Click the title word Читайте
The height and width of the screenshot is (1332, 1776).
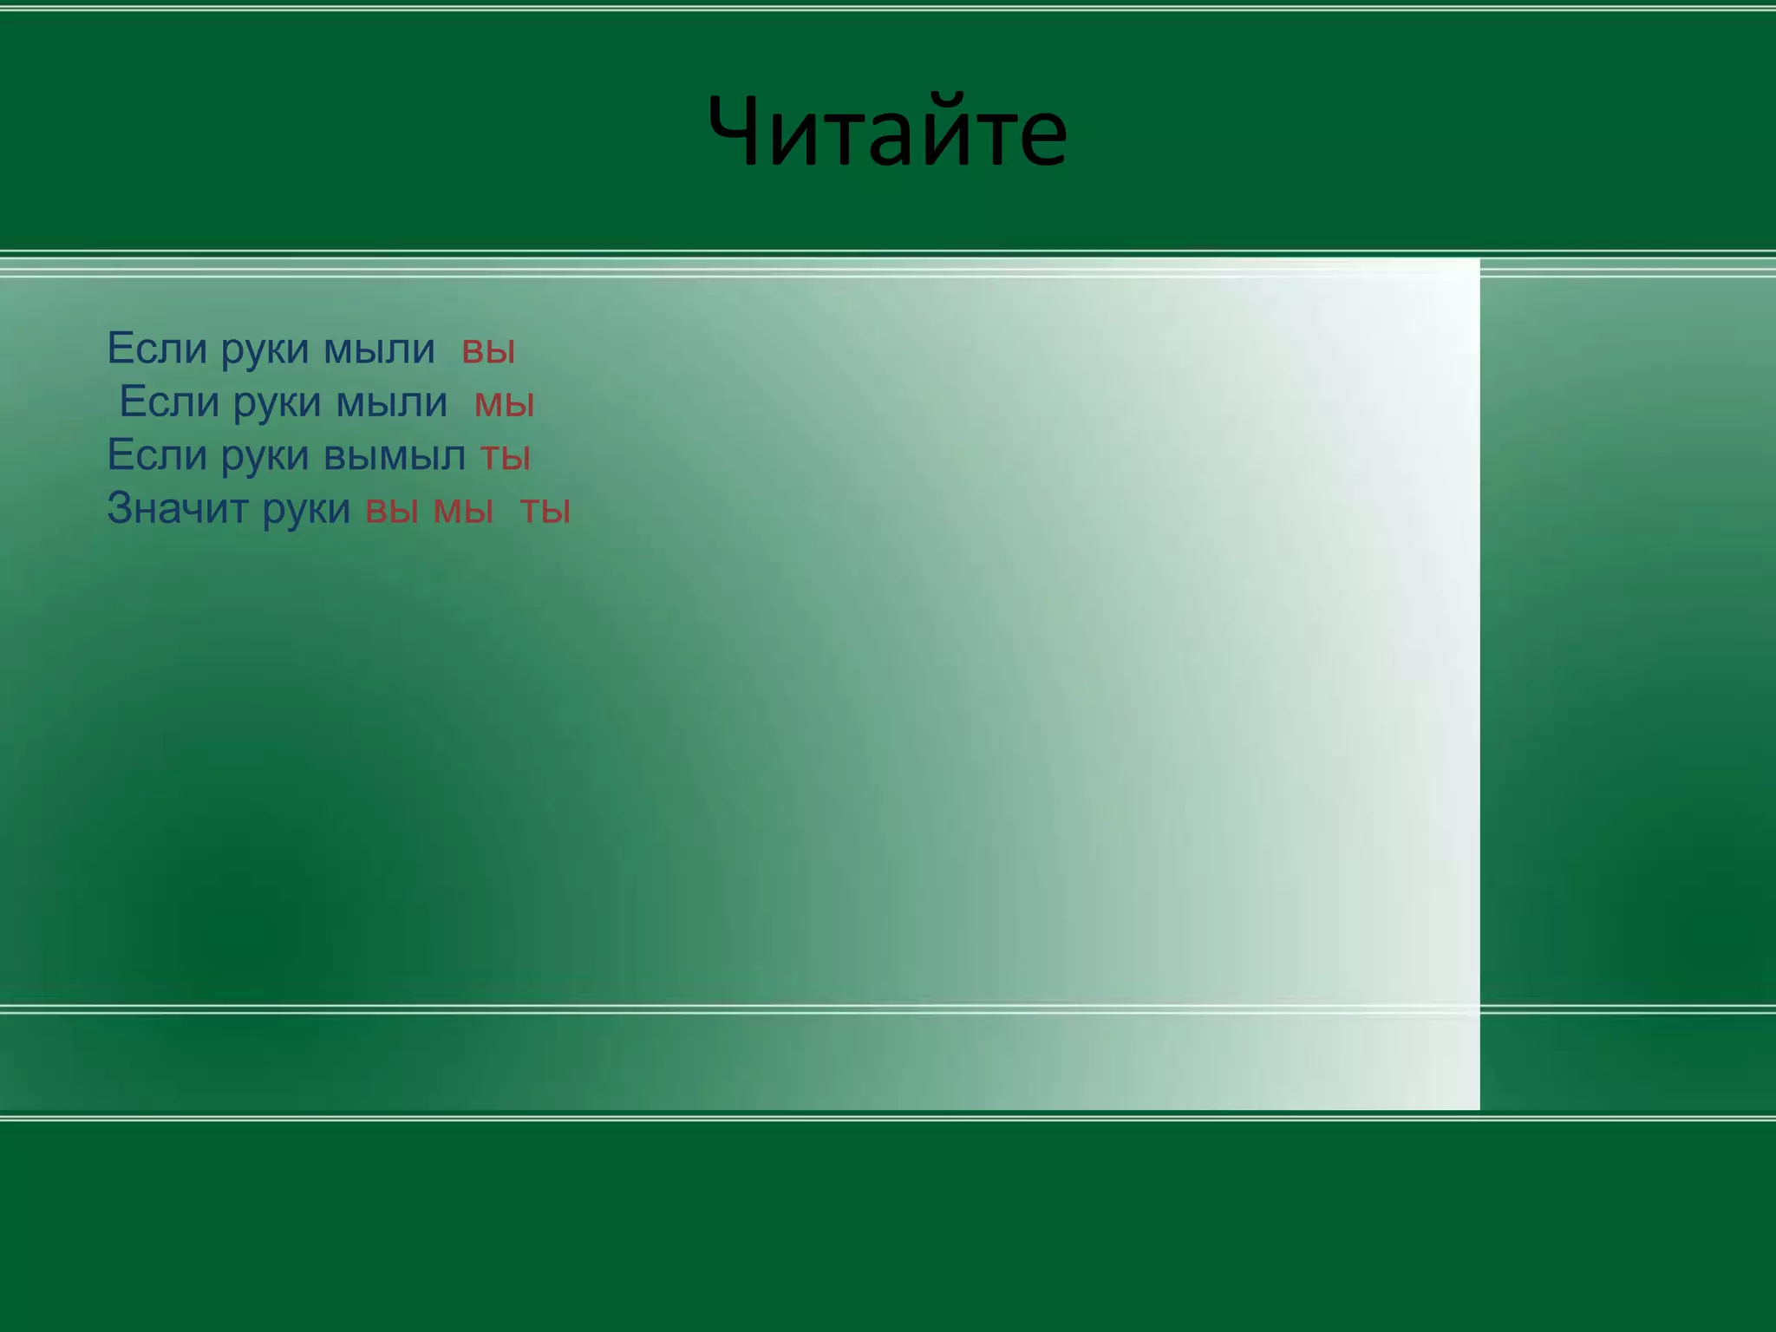coord(887,133)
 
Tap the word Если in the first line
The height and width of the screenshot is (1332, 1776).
coord(157,349)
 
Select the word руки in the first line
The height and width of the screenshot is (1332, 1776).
coord(264,350)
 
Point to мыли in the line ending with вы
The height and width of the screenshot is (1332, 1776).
coord(379,350)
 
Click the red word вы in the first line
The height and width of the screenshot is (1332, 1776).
coord(488,350)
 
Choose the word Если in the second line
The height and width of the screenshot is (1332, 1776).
coord(169,402)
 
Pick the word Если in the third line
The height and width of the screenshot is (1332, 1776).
coord(157,455)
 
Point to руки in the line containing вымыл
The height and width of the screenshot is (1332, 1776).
coord(264,457)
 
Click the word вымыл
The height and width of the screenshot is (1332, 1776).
coord(395,457)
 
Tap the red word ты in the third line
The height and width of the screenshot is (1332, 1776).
coord(505,457)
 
